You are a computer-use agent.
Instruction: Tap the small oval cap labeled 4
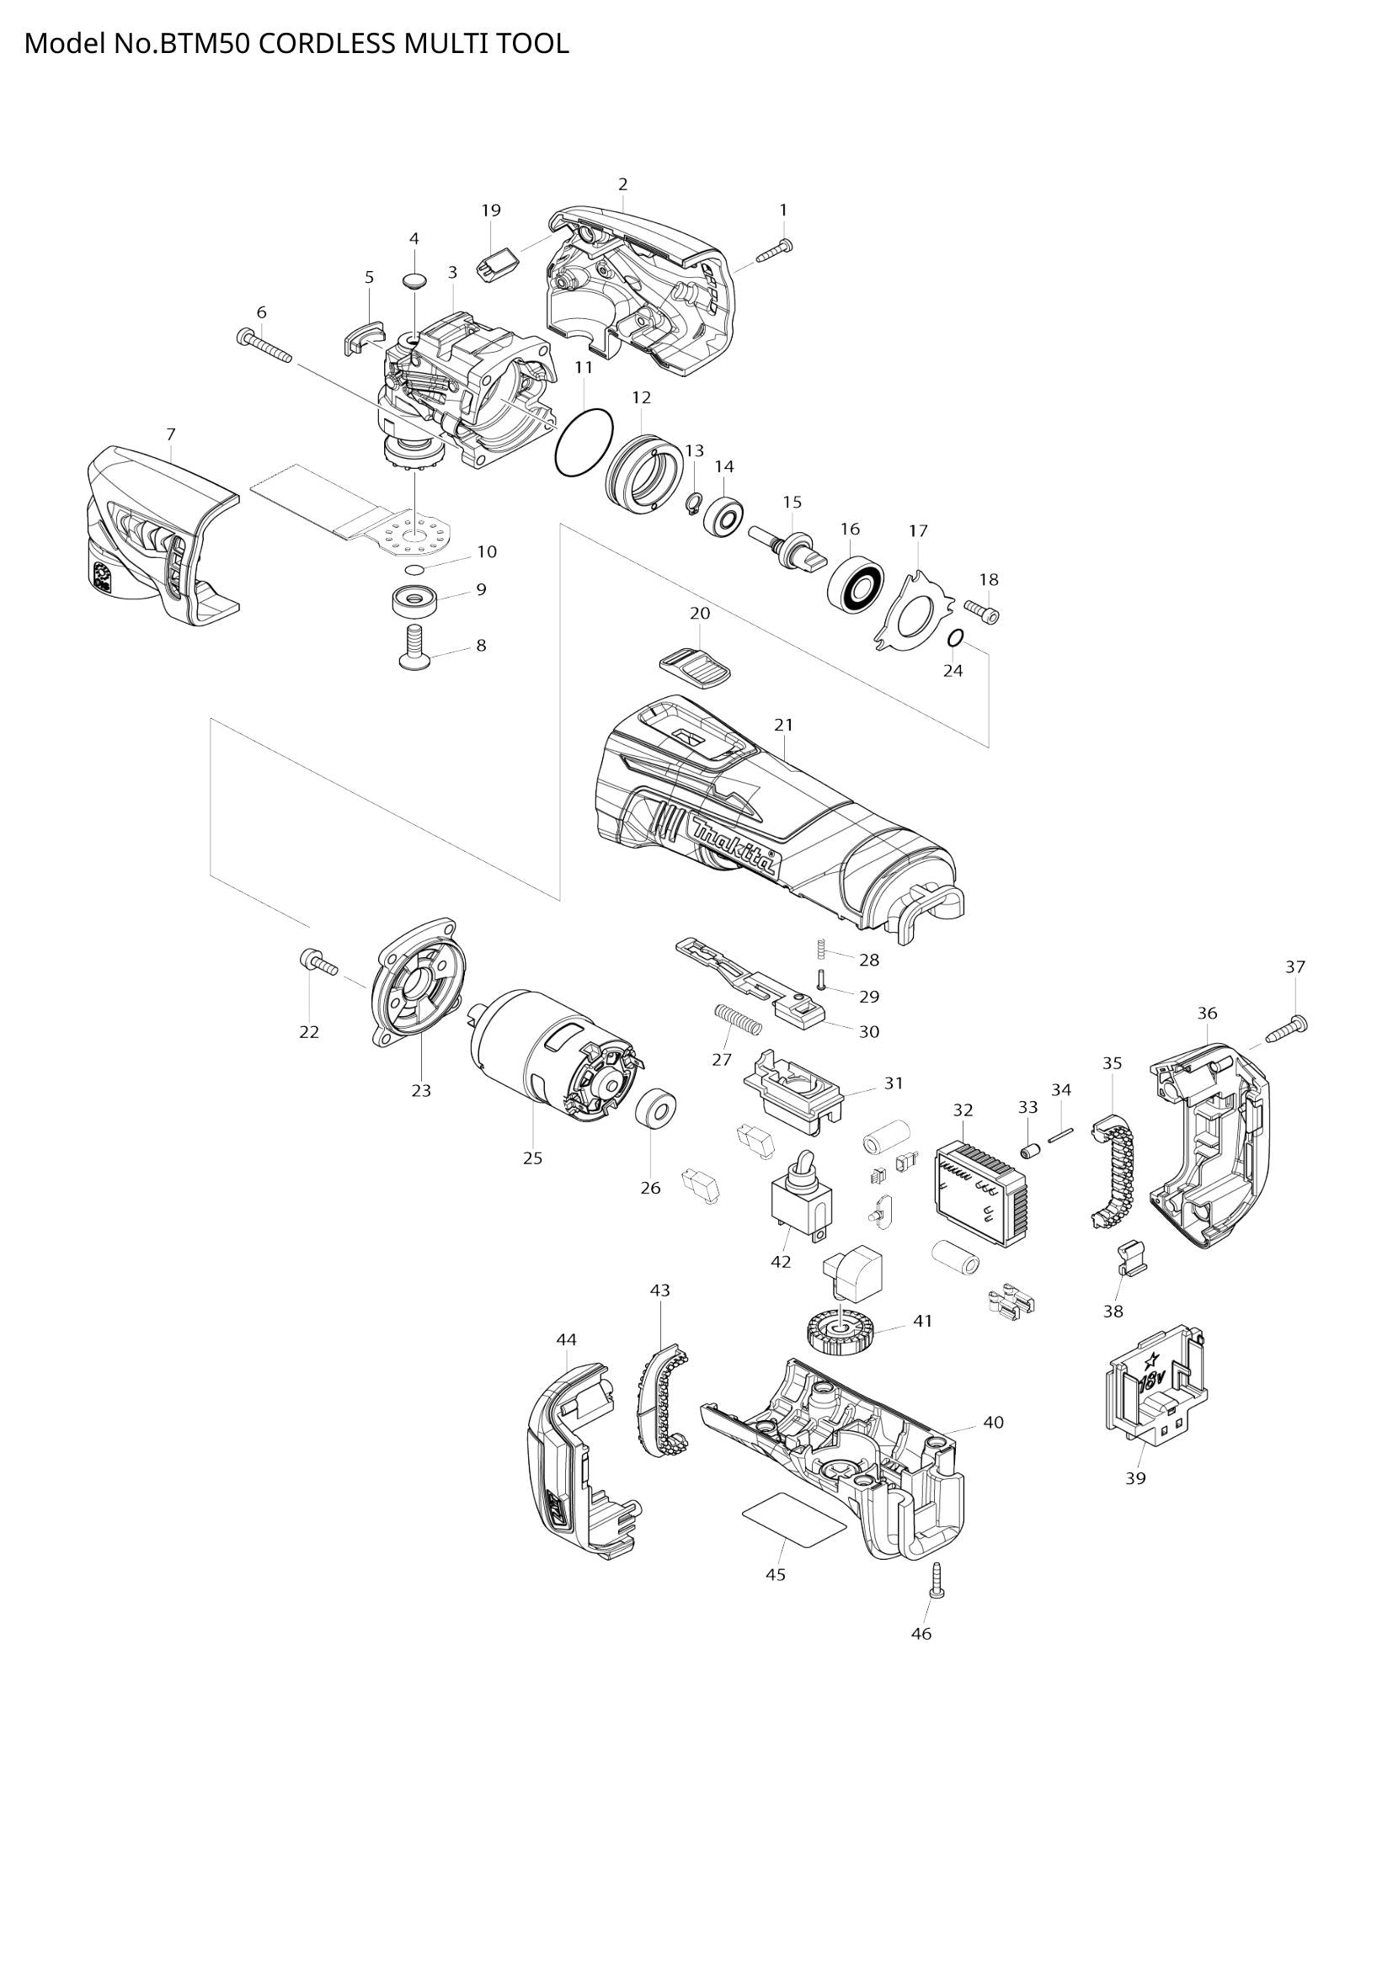click(x=415, y=280)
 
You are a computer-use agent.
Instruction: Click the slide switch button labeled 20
click(x=696, y=668)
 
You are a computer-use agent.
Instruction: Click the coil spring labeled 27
click(x=738, y=1020)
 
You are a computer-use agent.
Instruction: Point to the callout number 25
click(x=532, y=1157)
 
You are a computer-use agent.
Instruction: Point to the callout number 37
click(x=1295, y=966)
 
